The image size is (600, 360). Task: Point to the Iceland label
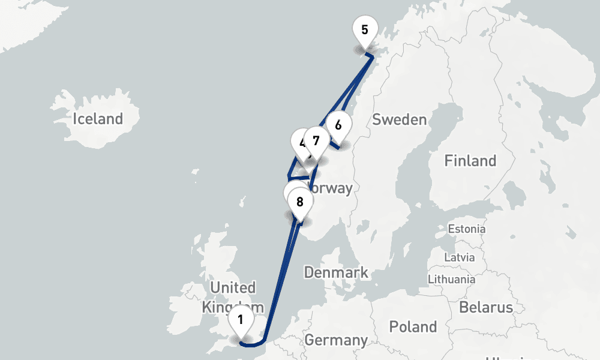coord(98,119)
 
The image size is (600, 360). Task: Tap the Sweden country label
coord(399,119)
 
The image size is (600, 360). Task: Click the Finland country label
coord(470,161)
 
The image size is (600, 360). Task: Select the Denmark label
coord(336,272)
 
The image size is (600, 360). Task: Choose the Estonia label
coord(467,229)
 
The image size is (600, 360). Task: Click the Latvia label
coord(459,257)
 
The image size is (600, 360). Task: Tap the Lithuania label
coord(451,279)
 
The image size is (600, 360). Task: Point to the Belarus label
coord(486,308)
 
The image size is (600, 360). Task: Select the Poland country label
coord(413,327)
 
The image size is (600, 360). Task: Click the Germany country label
coord(336,340)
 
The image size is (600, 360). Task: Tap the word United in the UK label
coord(233,288)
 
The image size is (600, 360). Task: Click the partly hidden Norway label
coord(332,188)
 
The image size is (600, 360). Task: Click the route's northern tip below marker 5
coord(371,56)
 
